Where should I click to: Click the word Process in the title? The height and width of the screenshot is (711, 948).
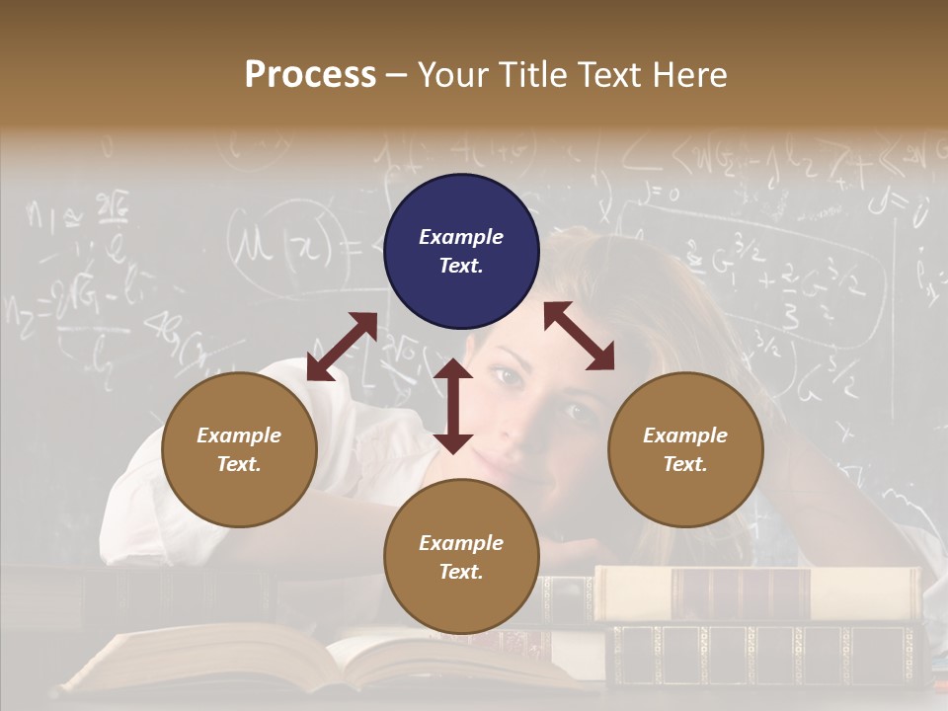(310, 74)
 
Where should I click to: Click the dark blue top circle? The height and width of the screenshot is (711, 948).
(461, 252)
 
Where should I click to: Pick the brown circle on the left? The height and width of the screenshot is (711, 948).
(239, 449)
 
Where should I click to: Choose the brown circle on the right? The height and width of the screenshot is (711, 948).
(685, 449)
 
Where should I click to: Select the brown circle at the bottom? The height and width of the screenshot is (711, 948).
(461, 557)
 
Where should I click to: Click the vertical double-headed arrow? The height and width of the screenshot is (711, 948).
(453, 406)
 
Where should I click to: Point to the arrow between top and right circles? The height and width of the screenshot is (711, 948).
(579, 336)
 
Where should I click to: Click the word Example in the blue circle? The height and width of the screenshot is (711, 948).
(461, 237)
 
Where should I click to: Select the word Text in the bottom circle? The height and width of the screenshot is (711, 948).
(461, 572)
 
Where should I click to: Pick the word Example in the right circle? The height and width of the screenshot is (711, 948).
(685, 435)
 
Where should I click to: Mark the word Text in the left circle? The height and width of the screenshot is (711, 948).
(239, 464)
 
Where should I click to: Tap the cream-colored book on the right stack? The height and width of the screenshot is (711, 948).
(755, 593)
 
